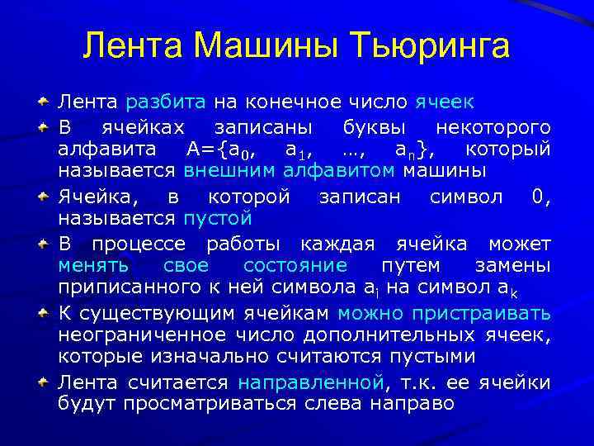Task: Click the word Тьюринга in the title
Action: pyautogui.click(x=429, y=46)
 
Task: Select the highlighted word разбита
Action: pyautogui.click(x=167, y=102)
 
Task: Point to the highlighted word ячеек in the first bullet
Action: pyautogui.click(x=445, y=102)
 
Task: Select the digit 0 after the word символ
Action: pyautogui.click(x=540, y=197)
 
